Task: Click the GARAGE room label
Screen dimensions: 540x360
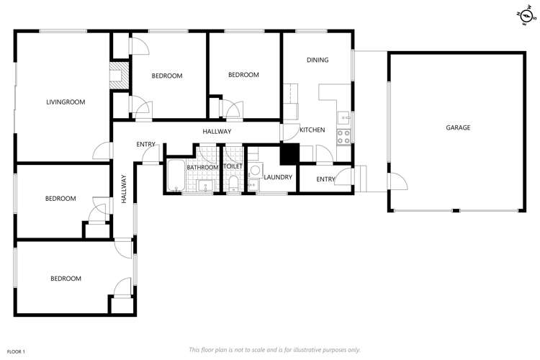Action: point(458,127)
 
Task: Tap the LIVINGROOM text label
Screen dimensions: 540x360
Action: point(66,102)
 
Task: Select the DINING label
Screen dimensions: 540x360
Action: point(318,60)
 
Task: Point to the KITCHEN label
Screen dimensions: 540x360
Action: point(312,130)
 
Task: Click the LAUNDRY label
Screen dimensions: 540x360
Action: point(278,177)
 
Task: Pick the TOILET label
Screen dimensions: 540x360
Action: point(233,166)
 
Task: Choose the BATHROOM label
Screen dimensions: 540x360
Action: point(202,168)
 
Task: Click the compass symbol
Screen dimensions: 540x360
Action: point(526,15)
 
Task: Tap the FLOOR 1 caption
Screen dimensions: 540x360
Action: point(16,352)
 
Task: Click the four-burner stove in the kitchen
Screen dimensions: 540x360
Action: point(343,137)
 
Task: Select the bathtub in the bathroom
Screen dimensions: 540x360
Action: point(176,175)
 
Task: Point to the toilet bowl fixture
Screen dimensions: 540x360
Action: point(233,184)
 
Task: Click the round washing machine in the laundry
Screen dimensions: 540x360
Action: point(255,170)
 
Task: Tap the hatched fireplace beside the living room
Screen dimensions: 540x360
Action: point(119,75)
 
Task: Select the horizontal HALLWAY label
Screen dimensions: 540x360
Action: point(217,131)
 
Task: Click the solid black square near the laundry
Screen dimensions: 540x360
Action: point(289,154)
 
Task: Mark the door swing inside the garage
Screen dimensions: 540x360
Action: point(397,181)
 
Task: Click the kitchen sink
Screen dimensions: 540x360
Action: point(343,118)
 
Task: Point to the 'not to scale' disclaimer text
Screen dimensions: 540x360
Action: point(274,350)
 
